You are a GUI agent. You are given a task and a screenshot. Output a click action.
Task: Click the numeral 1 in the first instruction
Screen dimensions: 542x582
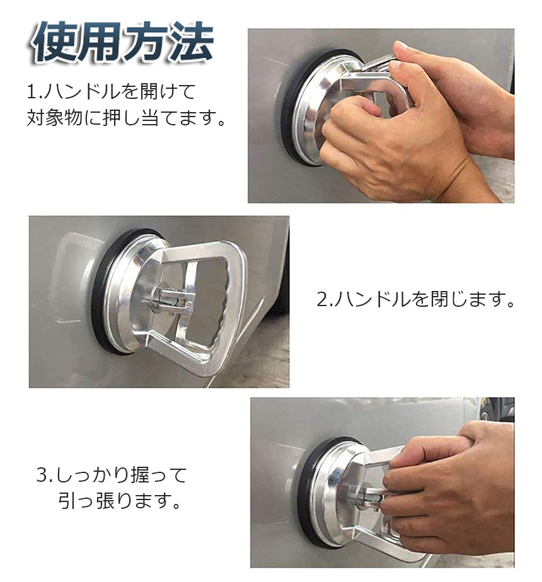coord(32,92)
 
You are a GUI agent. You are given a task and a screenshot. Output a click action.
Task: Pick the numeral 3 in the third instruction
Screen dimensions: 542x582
coord(42,475)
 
